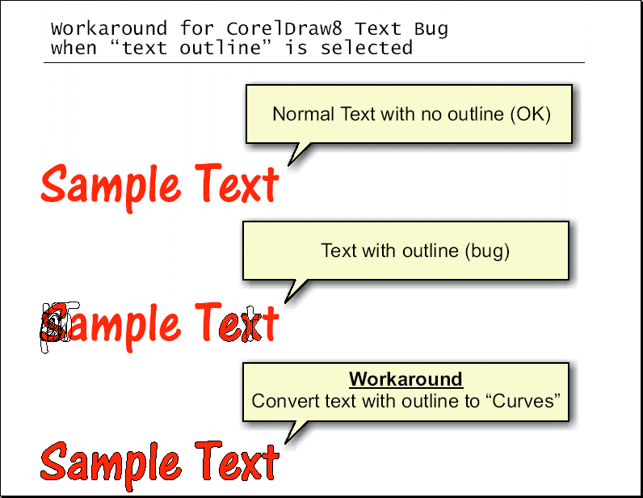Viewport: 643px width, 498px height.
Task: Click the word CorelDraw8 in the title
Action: (284, 29)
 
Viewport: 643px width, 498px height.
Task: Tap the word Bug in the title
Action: (431, 30)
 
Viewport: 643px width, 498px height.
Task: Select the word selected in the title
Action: (366, 48)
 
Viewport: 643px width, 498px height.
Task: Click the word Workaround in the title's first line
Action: (109, 29)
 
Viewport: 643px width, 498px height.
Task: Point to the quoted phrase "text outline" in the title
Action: (191, 48)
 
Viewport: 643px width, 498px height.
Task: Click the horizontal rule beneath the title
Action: (314, 63)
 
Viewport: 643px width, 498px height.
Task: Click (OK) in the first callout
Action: (530, 114)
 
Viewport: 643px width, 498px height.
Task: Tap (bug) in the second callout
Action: (487, 251)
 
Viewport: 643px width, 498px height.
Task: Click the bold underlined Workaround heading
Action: (406, 379)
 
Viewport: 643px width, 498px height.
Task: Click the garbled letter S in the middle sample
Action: (55, 327)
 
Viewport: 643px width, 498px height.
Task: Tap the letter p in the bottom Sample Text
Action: (129, 469)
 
